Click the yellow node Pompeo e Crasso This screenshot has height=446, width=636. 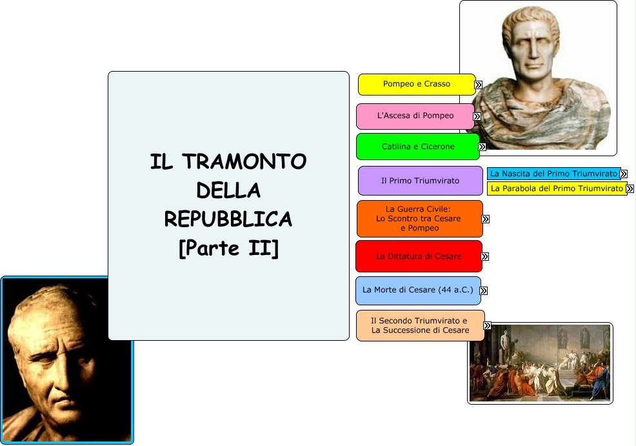(417, 85)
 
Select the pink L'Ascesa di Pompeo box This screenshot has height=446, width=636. (415, 116)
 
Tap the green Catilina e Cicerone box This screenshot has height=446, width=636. (418, 147)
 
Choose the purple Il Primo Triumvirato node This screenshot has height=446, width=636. (420, 181)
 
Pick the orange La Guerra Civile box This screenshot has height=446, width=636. (420, 219)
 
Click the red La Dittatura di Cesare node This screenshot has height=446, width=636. (419, 256)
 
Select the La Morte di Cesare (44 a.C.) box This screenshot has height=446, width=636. (418, 290)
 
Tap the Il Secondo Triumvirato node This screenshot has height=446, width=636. (420, 325)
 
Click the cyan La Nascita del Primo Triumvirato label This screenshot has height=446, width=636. (553, 174)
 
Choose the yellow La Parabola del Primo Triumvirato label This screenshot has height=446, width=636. (557, 188)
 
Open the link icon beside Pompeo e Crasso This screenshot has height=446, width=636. (478, 85)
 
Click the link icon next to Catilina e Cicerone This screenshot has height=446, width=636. (482, 147)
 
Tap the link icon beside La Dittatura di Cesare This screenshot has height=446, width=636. (484, 256)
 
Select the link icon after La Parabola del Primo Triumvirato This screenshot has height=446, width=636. (630, 188)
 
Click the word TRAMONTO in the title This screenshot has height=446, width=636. (244, 161)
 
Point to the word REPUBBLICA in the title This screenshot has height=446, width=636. (228, 219)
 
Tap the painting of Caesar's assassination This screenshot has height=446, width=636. (540, 363)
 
